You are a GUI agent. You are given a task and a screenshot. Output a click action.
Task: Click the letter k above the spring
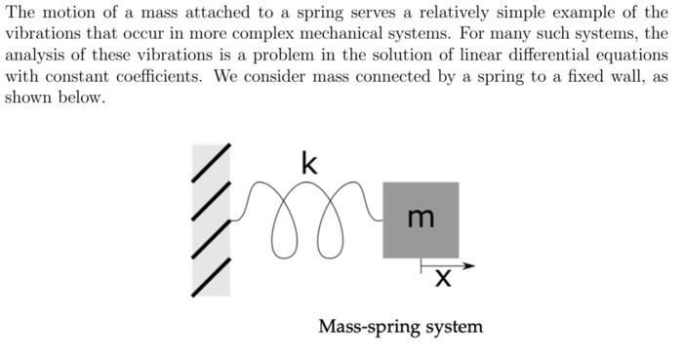(x=309, y=164)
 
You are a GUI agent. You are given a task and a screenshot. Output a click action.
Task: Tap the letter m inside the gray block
(x=421, y=219)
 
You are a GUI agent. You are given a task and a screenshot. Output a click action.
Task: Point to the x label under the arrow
(x=443, y=280)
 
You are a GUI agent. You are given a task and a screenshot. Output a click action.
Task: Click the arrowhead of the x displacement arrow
(x=469, y=265)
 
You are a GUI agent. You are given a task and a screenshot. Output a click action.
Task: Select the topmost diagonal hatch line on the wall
(x=212, y=163)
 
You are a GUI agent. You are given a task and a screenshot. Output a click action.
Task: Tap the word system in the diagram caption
(x=454, y=327)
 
